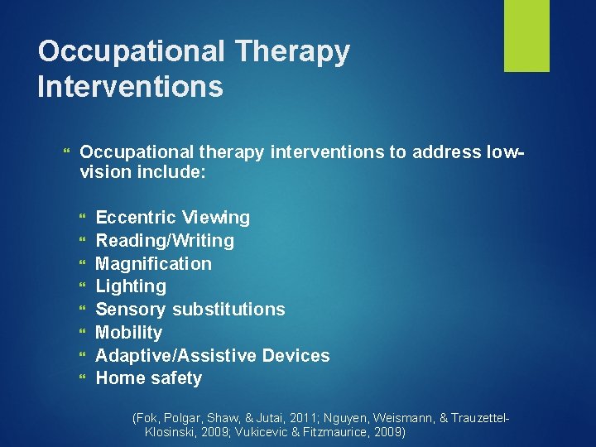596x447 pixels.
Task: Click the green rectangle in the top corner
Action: point(527,35)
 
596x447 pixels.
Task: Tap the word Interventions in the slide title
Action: point(130,86)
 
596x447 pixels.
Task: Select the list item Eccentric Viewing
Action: point(172,218)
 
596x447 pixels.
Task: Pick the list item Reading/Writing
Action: point(165,241)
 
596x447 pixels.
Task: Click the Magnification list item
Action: point(153,264)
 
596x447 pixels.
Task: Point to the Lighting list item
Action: point(131,286)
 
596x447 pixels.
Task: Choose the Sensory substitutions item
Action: point(190,310)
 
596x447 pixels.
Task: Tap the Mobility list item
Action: point(128,333)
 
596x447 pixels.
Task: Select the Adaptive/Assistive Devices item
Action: point(212,356)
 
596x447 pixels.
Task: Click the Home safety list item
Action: point(148,378)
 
